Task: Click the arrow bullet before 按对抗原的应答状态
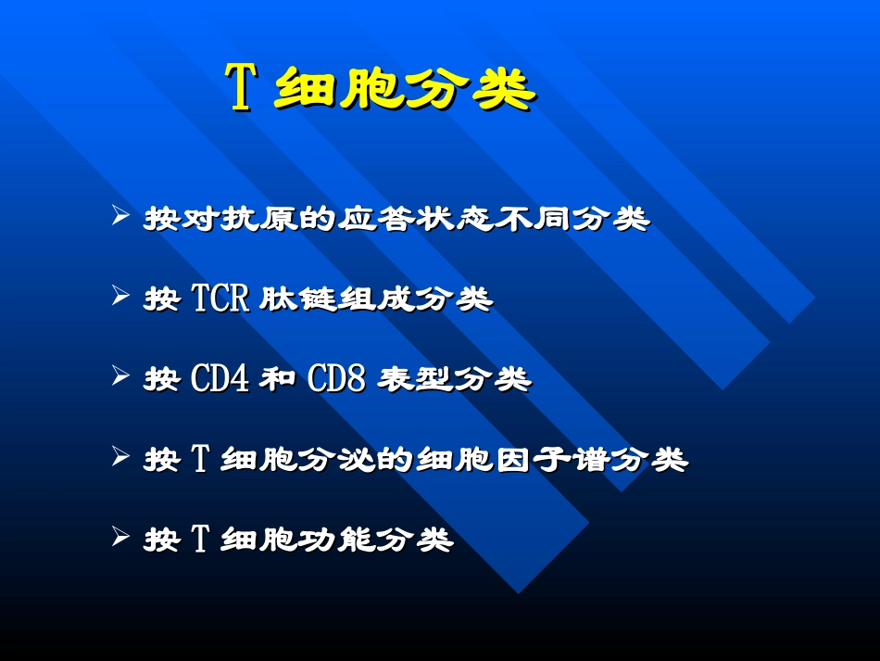pyautogui.click(x=119, y=218)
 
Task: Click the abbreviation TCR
pyautogui.click(x=220, y=299)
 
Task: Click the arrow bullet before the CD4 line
pyautogui.click(x=119, y=376)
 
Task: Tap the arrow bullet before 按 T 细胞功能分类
pyautogui.click(x=119, y=536)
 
